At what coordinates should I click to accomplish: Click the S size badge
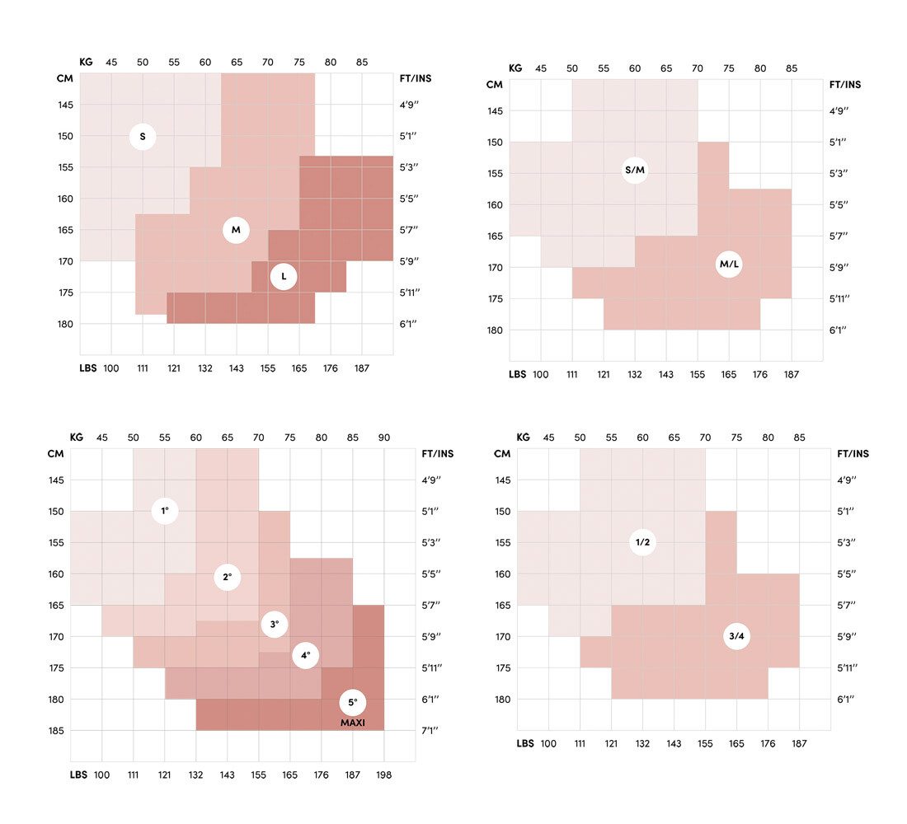pyautogui.click(x=143, y=137)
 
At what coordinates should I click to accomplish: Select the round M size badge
pyautogui.click(x=236, y=230)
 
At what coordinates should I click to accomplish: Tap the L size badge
pyautogui.click(x=284, y=277)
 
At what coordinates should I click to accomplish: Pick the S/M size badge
pyautogui.click(x=635, y=171)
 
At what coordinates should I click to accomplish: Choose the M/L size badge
pyautogui.click(x=729, y=264)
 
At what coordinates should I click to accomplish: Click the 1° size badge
pyautogui.click(x=166, y=511)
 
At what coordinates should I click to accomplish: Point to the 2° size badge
pyautogui.click(x=228, y=577)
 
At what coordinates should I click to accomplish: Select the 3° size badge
pyautogui.click(x=275, y=624)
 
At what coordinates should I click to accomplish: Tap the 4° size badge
pyautogui.click(x=305, y=655)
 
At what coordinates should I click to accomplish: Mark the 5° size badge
pyautogui.click(x=352, y=702)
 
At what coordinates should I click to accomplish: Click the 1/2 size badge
pyautogui.click(x=642, y=542)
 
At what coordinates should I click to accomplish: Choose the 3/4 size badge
pyautogui.click(x=736, y=636)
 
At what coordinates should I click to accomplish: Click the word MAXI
pyautogui.click(x=352, y=723)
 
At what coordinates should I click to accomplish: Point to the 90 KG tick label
pyautogui.click(x=384, y=438)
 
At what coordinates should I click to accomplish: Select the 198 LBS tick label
pyautogui.click(x=384, y=775)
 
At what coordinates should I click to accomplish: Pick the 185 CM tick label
pyautogui.click(x=56, y=731)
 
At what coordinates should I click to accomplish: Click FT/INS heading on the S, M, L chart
pyautogui.click(x=416, y=79)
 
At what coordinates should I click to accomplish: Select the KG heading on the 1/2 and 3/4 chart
pyautogui.click(x=523, y=438)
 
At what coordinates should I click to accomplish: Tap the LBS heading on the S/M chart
pyautogui.click(x=517, y=374)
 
